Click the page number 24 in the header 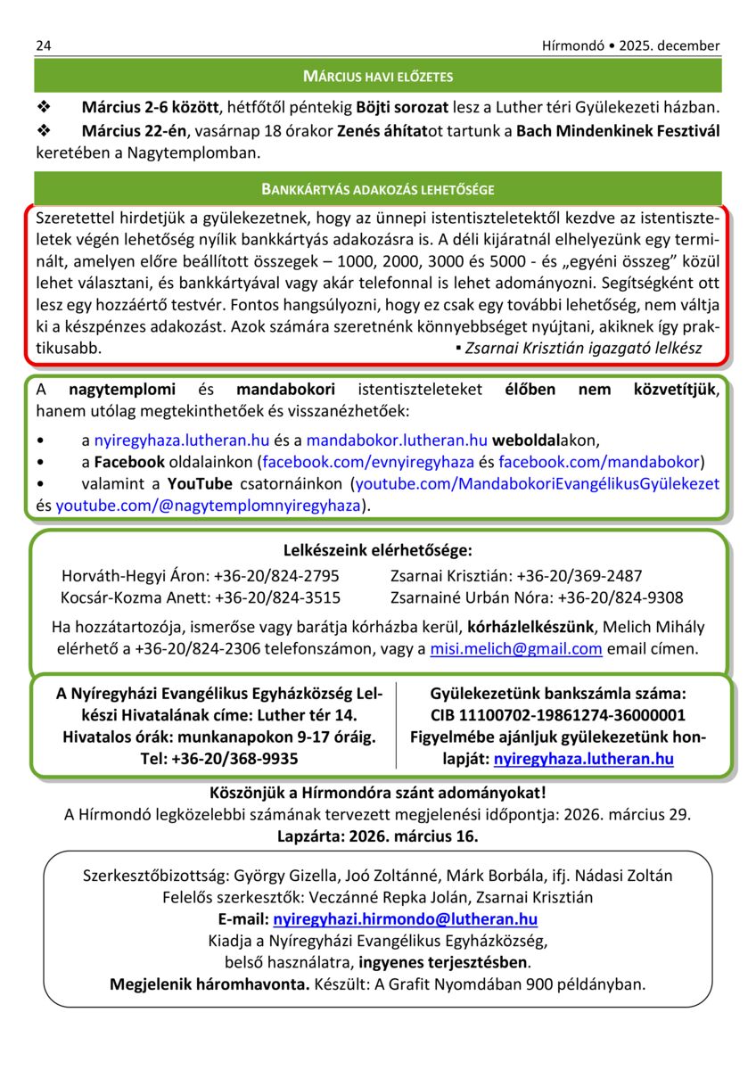43,45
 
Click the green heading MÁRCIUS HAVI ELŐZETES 377,77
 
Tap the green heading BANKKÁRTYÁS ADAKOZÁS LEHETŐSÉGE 377,189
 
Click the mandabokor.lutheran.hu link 397,440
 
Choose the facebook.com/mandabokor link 599,462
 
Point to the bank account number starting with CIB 557,715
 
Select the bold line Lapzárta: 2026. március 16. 377,836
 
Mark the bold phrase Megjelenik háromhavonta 210,985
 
